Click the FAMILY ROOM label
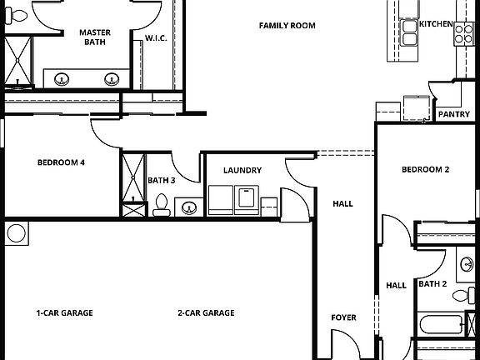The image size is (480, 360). click(x=287, y=26)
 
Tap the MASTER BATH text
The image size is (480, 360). click(x=95, y=37)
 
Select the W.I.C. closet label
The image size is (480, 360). click(x=157, y=38)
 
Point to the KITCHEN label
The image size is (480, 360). click(x=435, y=24)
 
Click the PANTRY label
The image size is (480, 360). click(x=453, y=114)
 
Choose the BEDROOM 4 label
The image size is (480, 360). click(x=62, y=162)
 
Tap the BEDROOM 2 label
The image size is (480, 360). click(x=425, y=169)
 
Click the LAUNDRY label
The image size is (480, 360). click(x=242, y=171)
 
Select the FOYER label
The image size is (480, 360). click(x=343, y=317)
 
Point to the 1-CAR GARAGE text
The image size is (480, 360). click(x=64, y=313)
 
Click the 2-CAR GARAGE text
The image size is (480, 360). click(x=205, y=313)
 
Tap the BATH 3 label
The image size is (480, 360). click(x=162, y=180)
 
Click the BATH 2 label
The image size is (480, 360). click(x=433, y=284)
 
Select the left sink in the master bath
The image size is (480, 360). click(x=61, y=80)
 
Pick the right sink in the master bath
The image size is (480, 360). click(x=111, y=80)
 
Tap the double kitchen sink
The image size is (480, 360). click(x=410, y=32)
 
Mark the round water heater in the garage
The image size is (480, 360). click(x=16, y=233)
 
